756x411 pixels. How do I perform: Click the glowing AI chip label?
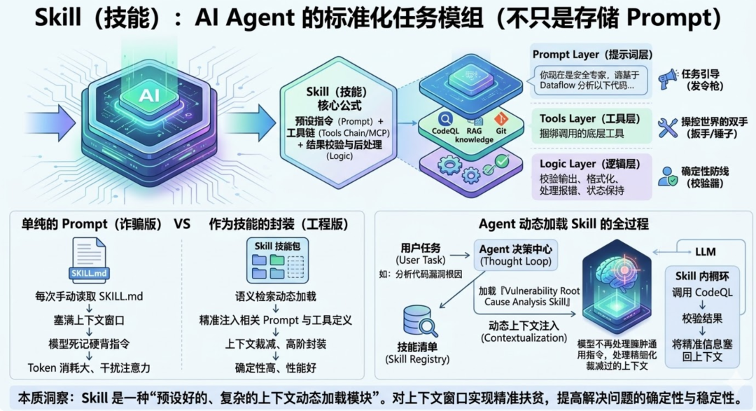(x=148, y=95)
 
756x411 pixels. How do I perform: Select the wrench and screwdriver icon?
(x=668, y=127)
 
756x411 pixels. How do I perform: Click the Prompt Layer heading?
(x=585, y=55)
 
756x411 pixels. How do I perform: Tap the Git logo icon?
(x=500, y=119)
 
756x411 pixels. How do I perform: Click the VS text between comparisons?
(x=181, y=224)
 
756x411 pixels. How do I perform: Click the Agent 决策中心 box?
(x=517, y=253)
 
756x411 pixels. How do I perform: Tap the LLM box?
(x=706, y=250)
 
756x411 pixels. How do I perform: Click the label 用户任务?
(x=421, y=247)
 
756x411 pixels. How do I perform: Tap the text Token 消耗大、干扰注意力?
(x=89, y=367)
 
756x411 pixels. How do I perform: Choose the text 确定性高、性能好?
(x=276, y=367)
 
